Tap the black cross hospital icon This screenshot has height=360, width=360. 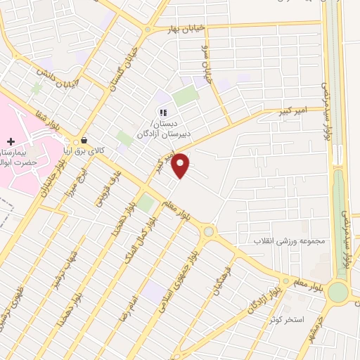click(11, 141)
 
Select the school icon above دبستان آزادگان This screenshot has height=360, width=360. click(163, 112)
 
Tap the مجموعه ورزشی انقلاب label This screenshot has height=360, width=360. click(293, 240)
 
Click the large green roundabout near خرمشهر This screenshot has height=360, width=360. click(338, 292)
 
